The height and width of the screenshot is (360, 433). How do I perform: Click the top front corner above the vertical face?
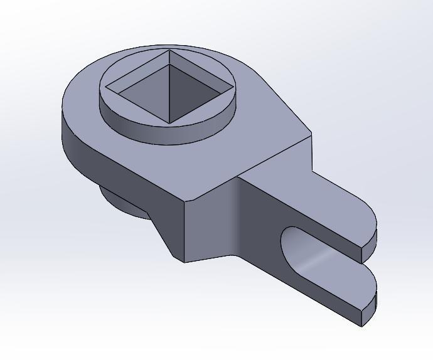point(184,202)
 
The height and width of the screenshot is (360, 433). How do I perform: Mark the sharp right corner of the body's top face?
point(311,134)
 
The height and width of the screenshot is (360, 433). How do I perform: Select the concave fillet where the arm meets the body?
point(237,216)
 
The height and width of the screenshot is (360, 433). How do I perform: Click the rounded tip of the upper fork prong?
point(371,235)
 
